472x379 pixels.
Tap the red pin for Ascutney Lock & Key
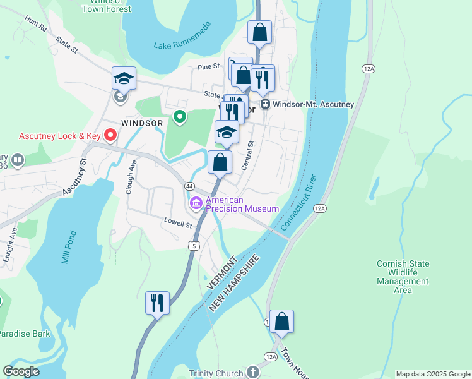[x=110, y=135]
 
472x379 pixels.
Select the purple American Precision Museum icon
[x=195, y=203]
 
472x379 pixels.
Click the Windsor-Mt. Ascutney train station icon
[x=266, y=104]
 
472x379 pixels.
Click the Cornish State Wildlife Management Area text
[x=403, y=277]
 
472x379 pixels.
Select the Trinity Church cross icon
[x=253, y=373]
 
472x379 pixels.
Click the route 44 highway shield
[x=189, y=186]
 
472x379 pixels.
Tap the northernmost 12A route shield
[x=368, y=68]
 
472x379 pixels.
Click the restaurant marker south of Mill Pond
[x=156, y=303]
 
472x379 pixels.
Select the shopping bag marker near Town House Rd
[x=281, y=321]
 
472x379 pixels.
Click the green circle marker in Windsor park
[x=179, y=117]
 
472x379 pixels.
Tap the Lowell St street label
[x=179, y=223]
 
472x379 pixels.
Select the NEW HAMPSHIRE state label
[x=235, y=283]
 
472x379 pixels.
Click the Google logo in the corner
[x=21, y=371]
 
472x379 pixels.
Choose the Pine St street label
[x=208, y=66]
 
